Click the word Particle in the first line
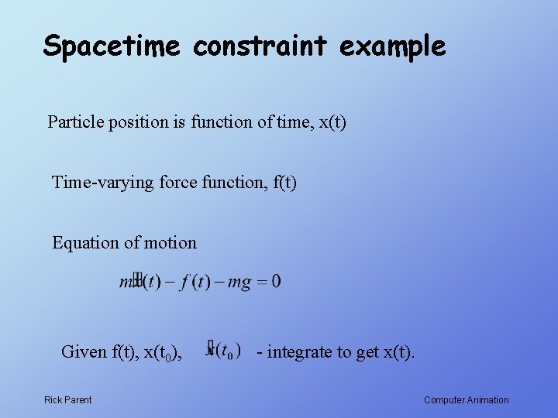tap(74, 122)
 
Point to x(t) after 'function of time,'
tap(332, 122)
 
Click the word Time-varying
tap(102, 183)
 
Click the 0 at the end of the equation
tap(277, 282)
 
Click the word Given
tap(84, 352)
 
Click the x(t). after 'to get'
tap(399, 352)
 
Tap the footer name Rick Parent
tap(67, 400)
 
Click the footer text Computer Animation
tap(467, 400)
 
